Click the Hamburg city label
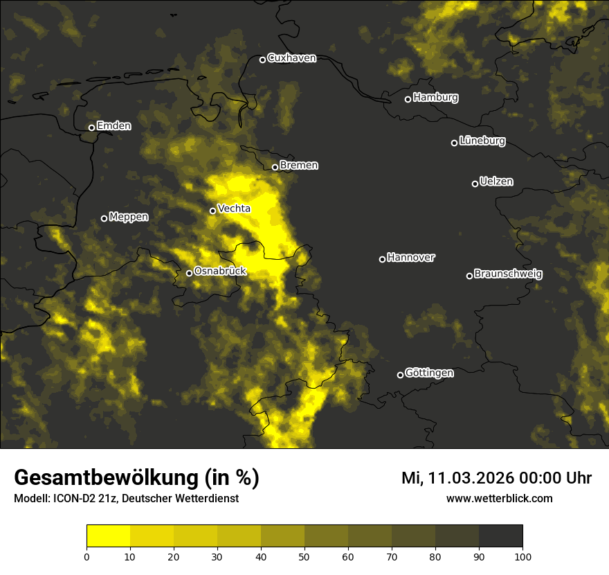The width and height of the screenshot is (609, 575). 435,98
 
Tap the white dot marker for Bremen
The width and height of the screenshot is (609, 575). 275,167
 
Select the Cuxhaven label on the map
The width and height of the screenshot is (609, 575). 291,58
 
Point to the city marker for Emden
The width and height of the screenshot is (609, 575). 91,127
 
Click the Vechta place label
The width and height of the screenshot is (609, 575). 234,209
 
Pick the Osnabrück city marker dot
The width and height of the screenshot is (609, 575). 189,273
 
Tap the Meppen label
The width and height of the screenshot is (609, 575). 129,217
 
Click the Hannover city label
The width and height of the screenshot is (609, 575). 411,258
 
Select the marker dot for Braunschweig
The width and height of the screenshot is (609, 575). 469,276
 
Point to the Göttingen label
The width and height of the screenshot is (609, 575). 429,373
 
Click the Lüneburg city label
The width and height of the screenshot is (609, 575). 482,141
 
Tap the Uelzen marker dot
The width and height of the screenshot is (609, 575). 475,184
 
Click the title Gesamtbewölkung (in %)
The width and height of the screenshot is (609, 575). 136,478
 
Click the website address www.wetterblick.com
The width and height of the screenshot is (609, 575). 499,498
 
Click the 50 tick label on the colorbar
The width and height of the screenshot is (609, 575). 304,556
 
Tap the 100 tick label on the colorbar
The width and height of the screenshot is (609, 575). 522,556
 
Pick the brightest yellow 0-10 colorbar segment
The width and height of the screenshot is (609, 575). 108,536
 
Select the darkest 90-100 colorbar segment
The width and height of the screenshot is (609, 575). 500,536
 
